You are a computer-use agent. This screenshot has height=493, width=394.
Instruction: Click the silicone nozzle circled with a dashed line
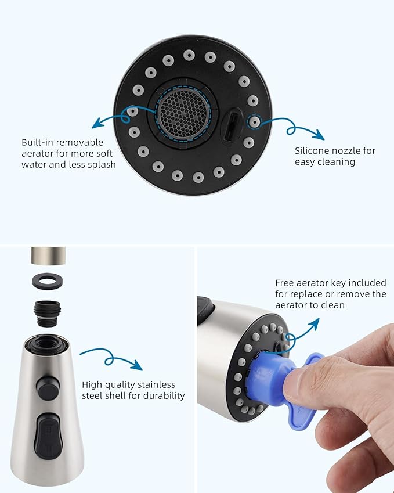point(254,122)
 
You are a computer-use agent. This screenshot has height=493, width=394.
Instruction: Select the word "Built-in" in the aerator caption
point(38,142)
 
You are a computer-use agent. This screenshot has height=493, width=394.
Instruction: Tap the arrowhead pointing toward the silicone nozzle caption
point(319,136)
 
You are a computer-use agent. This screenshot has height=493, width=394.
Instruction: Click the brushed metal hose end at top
point(48,255)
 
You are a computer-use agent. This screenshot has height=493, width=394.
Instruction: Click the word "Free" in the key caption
point(285,283)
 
